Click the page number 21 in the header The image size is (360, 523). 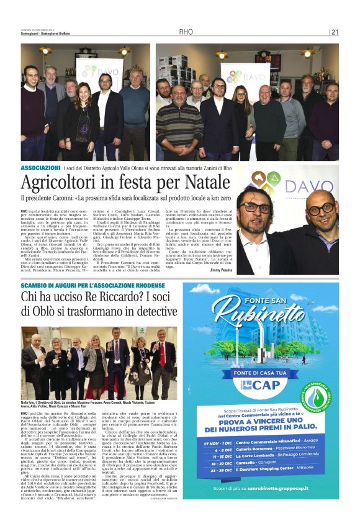tap(335, 32)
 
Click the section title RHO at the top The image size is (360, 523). tap(186, 32)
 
